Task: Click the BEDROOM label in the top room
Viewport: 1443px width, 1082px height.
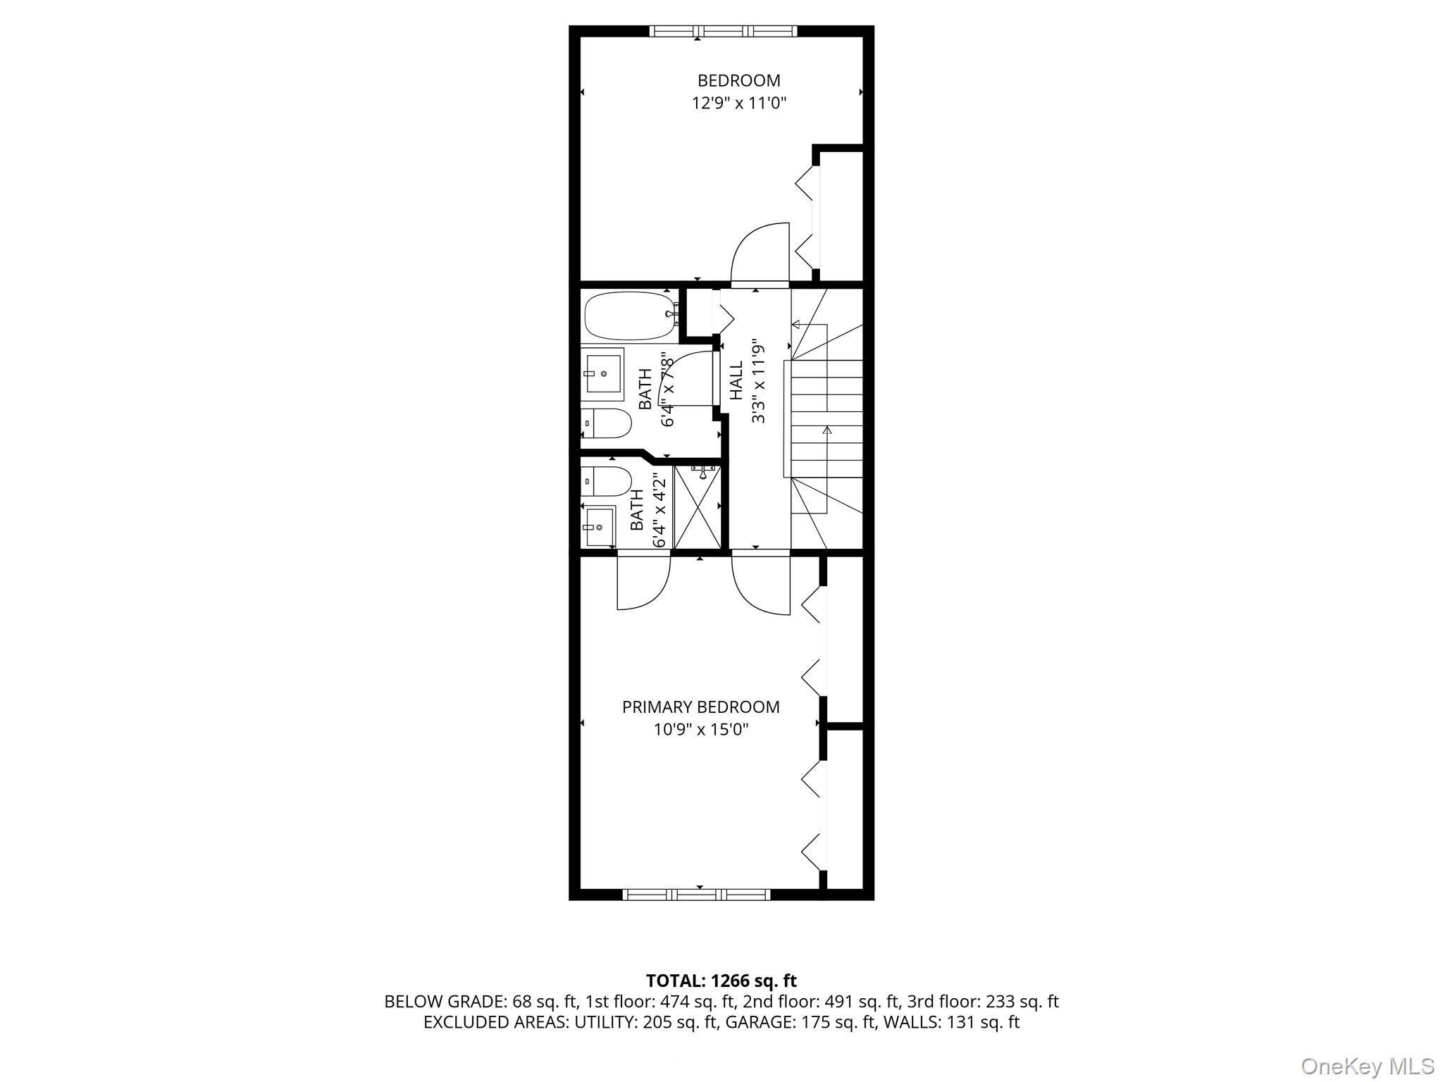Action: [x=738, y=81]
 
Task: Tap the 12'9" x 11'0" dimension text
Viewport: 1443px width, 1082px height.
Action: [x=738, y=104]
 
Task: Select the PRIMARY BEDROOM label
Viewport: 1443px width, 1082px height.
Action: [x=700, y=707]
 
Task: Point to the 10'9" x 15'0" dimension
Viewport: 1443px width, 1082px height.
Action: [x=700, y=730]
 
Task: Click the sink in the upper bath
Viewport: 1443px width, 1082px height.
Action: [x=603, y=373]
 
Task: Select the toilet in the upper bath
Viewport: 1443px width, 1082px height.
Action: [x=607, y=423]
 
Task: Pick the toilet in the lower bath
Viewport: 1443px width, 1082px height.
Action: [x=607, y=481]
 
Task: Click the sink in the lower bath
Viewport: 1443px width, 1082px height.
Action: [x=599, y=526]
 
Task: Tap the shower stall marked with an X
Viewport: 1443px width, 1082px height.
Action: [x=697, y=506]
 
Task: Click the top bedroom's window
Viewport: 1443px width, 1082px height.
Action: [x=723, y=31]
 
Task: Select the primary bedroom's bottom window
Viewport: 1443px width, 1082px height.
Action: [x=697, y=895]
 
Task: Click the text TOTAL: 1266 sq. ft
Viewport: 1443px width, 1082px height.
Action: [x=721, y=981]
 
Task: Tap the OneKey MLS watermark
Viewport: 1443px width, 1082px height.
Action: [x=1367, y=1067]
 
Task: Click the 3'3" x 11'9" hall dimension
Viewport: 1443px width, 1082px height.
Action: [x=758, y=381]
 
